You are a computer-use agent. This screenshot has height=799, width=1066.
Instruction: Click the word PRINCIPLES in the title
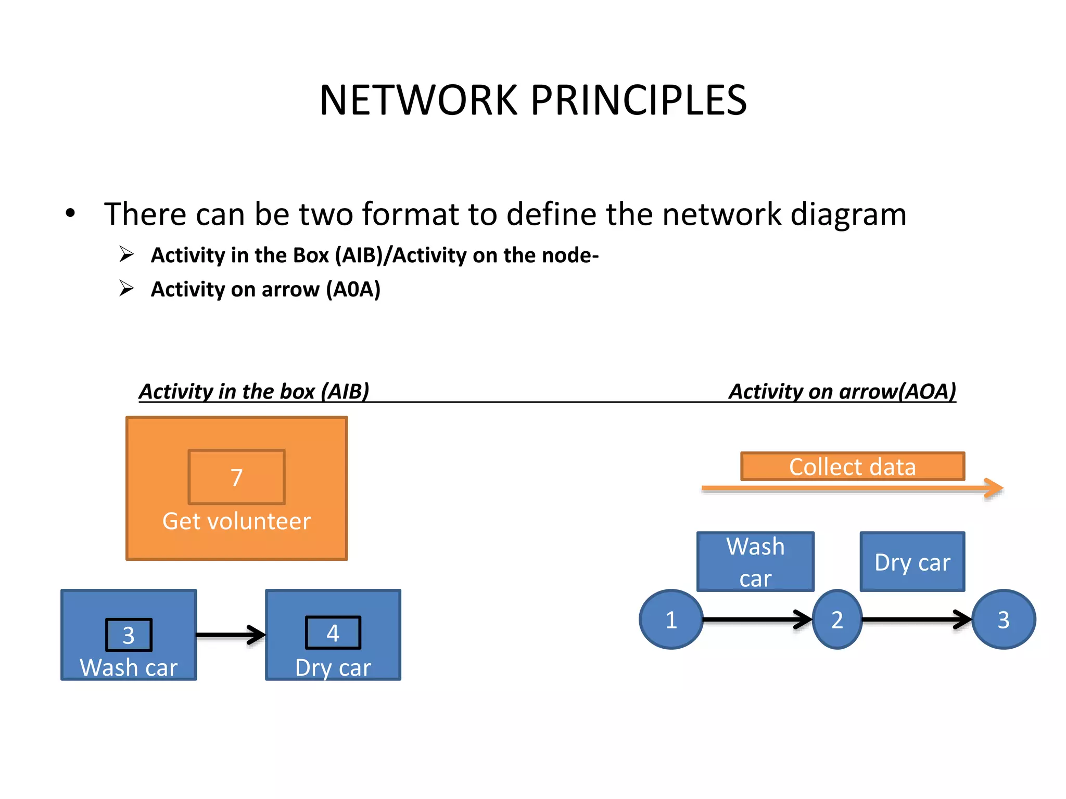click(639, 100)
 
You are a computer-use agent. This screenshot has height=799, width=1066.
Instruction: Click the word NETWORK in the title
click(419, 100)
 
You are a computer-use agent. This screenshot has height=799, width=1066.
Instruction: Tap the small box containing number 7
click(236, 477)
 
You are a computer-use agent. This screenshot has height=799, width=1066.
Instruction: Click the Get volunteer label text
click(236, 521)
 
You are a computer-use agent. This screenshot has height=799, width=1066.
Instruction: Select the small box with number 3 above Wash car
click(129, 635)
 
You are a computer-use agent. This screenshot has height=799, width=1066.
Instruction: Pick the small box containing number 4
click(333, 633)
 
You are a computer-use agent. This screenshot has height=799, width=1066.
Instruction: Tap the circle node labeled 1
click(671, 620)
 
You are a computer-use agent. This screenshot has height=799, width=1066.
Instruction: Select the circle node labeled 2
click(837, 620)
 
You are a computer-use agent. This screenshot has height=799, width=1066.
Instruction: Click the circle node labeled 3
click(1004, 620)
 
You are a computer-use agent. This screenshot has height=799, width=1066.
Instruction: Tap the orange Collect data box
click(853, 466)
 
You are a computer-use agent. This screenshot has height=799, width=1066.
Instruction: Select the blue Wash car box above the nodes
click(755, 562)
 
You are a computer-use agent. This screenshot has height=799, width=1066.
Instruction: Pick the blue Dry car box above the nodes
click(912, 562)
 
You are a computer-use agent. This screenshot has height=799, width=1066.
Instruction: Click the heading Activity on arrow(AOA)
click(842, 391)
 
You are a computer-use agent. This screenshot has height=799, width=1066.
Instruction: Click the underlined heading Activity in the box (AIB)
click(254, 391)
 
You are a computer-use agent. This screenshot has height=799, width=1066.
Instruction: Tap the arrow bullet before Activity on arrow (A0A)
click(126, 288)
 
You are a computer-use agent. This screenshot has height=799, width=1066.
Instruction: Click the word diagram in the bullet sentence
click(848, 214)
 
